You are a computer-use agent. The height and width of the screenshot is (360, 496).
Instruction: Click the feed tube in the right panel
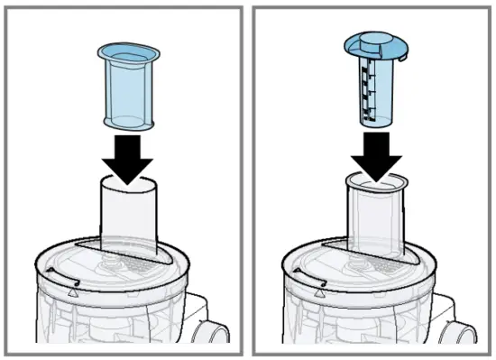(x=373, y=221)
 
